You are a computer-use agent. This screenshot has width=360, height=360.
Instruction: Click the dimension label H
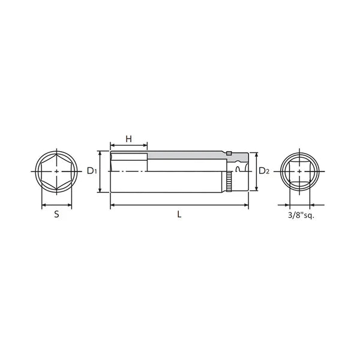(x=129, y=139)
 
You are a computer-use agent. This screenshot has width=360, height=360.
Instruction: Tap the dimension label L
(x=179, y=214)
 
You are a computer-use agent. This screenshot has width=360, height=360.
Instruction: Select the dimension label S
(x=57, y=214)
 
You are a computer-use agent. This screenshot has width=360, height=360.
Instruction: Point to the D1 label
(x=92, y=171)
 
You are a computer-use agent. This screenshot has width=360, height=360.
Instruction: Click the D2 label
(x=264, y=171)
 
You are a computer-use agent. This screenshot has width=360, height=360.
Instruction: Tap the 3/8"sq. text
(x=301, y=215)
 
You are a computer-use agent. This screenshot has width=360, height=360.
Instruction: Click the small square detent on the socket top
(x=229, y=154)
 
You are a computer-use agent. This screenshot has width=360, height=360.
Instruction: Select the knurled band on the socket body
(x=229, y=181)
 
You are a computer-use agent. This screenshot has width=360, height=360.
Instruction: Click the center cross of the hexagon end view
(x=57, y=171)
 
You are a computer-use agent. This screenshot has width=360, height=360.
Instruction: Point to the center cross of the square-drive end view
(x=299, y=171)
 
